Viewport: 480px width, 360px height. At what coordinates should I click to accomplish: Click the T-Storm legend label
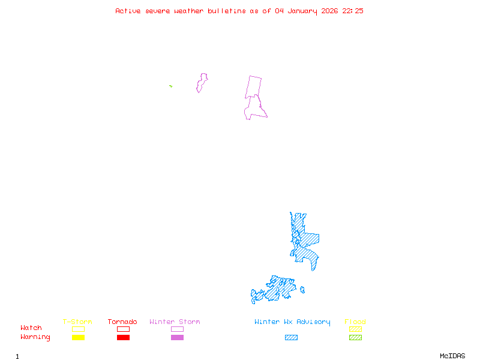(77, 322)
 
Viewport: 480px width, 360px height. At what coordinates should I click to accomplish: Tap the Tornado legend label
(122, 322)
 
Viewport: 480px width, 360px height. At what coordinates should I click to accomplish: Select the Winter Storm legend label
(175, 322)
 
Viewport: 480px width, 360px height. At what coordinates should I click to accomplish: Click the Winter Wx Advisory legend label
(292, 322)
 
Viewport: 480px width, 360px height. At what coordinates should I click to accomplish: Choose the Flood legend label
(355, 322)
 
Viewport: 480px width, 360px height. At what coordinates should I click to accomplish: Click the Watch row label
(31, 328)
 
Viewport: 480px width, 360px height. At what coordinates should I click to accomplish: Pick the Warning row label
(35, 337)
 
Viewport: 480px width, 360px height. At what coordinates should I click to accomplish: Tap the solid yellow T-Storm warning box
(78, 337)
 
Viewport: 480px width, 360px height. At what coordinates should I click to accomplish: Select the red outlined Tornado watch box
(123, 329)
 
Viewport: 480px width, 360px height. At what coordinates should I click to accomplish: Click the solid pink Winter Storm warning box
(177, 337)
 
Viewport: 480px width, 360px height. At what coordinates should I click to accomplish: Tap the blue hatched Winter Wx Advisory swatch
(291, 337)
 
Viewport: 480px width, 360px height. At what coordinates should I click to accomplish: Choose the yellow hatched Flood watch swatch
(355, 329)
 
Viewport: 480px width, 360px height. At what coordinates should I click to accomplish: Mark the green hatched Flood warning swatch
(355, 337)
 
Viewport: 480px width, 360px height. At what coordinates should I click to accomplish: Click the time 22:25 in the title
(353, 11)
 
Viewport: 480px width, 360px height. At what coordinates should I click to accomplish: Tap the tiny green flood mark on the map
(171, 86)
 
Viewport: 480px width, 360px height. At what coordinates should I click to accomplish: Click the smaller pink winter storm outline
(202, 82)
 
